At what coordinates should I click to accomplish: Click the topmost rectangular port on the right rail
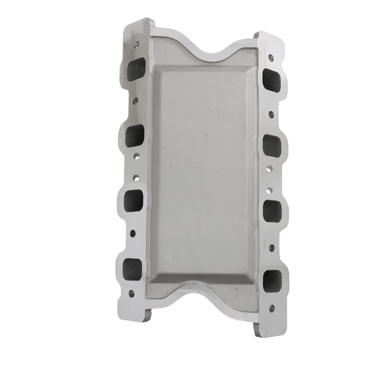[270, 80]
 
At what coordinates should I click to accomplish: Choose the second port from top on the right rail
[270, 144]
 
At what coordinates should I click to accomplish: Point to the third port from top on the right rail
[270, 207]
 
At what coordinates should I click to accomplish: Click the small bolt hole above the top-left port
[136, 45]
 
